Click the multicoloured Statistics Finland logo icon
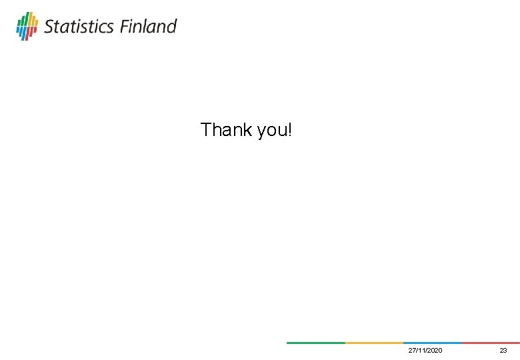point(27,26)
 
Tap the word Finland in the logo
point(149,27)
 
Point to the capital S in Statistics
point(49,27)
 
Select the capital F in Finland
point(125,27)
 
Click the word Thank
point(223,129)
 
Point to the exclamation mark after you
point(289,129)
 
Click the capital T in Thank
point(206,129)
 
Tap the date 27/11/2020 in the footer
point(425,351)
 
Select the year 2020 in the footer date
point(434,351)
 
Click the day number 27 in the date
point(412,351)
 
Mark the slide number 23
point(503,351)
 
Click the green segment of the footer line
point(315,343)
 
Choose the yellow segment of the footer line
point(374,343)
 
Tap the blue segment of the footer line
point(432,343)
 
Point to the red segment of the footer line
point(490,343)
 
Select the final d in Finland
point(172,27)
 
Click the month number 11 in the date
point(421,351)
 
